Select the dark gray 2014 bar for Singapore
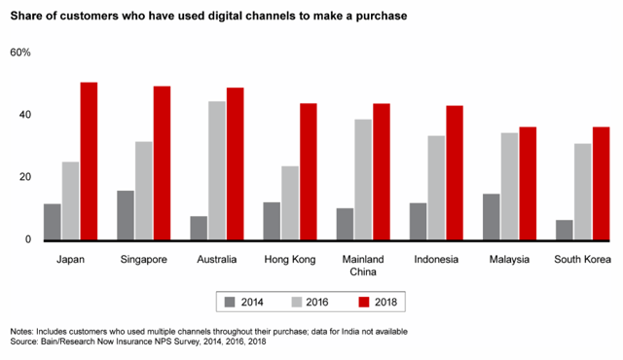click(x=125, y=215)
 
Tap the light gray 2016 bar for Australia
click(x=216, y=170)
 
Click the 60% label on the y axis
click(x=21, y=53)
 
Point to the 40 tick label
click(x=25, y=115)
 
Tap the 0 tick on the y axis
click(x=28, y=239)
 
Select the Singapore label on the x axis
click(x=143, y=260)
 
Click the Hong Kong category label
click(x=289, y=260)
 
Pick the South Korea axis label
click(x=582, y=260)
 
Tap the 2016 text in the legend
click(x=315, y=303)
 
